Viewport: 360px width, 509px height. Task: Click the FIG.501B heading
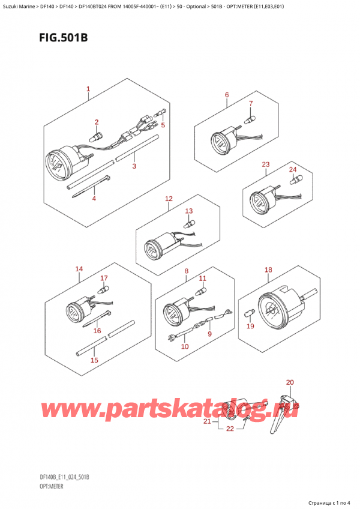[x=64, y=38]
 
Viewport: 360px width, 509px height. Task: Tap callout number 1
[x=88, y=89]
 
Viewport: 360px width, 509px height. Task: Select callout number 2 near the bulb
[x=97, y=122]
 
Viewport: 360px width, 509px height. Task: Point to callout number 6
[x=227, y=95]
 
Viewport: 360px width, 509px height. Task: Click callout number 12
[x=169, y=198]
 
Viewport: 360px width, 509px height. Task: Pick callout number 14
[x=79, y=269]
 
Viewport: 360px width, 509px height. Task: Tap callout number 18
[x=268, y=270]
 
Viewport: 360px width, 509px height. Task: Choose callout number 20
[x=290, y=382]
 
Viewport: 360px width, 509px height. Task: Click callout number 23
[x=266, y=164]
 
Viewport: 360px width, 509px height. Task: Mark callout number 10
[x=185, y=346]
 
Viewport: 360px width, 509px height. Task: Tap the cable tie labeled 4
[x=92, y=187]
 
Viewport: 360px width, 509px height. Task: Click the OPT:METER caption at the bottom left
[x=51, y=486]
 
